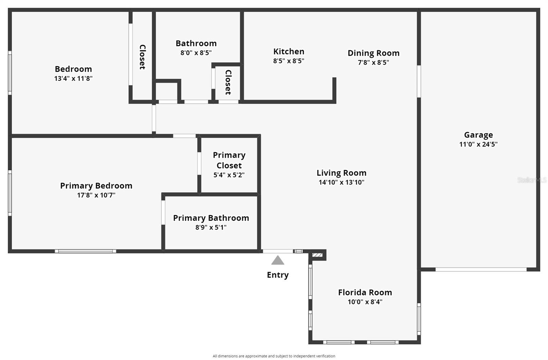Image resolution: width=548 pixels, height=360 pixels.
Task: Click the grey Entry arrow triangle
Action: pyautogui.click(x=278, y=260)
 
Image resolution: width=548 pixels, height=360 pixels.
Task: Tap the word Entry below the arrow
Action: pyautogui.click(x=278, y=275)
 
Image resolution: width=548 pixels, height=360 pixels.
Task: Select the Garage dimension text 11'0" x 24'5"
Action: pyautogui.click(x=478, y=144)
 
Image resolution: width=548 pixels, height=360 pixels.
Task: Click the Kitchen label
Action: pyautogui.click(x=289, y=51)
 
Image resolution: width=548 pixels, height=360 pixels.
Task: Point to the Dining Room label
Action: pyautogui.click(x=373, y=53)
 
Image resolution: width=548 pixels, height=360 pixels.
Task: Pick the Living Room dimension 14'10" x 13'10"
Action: pyautogui.click(x=341, y=182)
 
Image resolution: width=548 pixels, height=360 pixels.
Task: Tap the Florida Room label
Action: pyautogui.click(x=365, y=293)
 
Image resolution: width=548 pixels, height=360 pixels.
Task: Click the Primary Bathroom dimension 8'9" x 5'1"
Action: pyautogui.click(x=211, y=227)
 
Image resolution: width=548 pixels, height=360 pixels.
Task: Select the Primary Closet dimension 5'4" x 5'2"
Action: pyautogui.click(x=229, y=175)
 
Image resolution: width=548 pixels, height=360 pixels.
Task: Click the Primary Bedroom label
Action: pyautogui.click(x=96, y=186)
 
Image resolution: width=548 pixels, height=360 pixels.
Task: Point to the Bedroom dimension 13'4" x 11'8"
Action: pyautogui.click(x=73, y=78)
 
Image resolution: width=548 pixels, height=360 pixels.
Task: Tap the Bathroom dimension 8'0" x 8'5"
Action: pyautogui.click(x=196, y=53)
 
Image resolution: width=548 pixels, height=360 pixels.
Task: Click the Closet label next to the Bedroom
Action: pyautogui.click(x=142, y=57)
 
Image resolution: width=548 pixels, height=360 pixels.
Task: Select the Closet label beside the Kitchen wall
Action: pyautogui.click(x=228, y=82)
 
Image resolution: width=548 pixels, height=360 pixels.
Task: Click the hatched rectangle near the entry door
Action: pyautogui.click(x=317, y=255)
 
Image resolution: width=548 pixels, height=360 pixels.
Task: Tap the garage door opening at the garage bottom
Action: pyautogui.click(x=481, y=270)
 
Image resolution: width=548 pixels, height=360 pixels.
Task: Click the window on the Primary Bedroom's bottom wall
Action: pyautogui.click(x=85, y=251)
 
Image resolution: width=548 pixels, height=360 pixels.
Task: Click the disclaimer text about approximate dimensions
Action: pyautogui.click(x=274, y=356)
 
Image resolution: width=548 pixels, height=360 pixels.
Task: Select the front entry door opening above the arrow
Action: pyautogui.click(x=278, y=251)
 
